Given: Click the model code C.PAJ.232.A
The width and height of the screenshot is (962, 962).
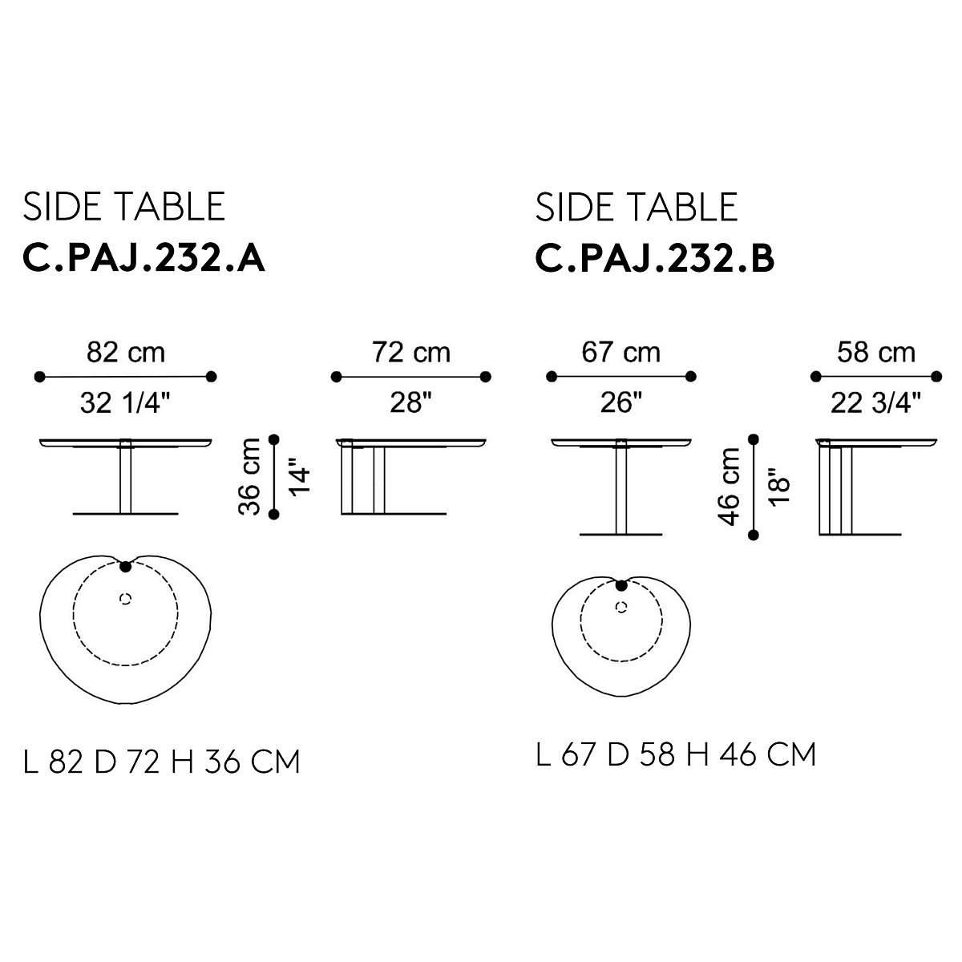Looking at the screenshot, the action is [x=143, y=259].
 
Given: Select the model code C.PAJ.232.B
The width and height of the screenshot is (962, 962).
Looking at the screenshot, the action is [x=654, y=259].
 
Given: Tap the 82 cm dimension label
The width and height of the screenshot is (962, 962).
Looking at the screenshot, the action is [x=126, y=352].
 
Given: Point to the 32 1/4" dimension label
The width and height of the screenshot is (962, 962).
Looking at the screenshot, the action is [x=126, y=402].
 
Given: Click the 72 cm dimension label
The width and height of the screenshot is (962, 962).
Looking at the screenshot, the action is [x=411, y=352].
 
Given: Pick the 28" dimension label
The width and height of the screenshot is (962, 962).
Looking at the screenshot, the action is [x=411, y=402].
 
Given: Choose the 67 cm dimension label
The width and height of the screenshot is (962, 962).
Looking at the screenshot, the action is [x=621, y=352].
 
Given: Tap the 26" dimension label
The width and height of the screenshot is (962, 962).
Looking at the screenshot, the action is [x=621, y=402].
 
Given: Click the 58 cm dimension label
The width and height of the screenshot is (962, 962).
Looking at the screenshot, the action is [x=877, y=352].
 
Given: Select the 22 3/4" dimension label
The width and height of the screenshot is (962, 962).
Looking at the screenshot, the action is [x=877, y=402].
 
